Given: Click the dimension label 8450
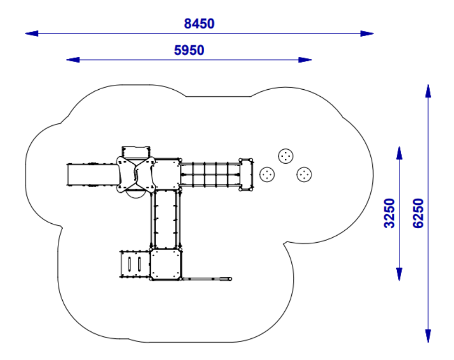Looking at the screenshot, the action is (199, 24).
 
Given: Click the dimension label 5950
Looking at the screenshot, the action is (189, 50).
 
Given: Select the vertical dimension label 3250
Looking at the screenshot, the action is (390, 213).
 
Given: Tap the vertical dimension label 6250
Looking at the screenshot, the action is (418, 213).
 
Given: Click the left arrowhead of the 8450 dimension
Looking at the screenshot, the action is (31, 34).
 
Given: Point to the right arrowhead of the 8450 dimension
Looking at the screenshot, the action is (367, 34).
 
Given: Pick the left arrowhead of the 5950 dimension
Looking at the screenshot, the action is (73, 60).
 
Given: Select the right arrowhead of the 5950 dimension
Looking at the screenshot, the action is (305, 60).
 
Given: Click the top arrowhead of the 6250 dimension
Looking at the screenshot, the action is (428, 91).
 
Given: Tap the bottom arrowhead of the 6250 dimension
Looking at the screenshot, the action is (428, 336).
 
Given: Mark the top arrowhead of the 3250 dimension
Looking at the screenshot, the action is (399, 152).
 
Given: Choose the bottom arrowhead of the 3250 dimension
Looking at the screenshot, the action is (399, 274).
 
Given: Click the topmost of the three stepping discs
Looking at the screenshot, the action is (286, 156).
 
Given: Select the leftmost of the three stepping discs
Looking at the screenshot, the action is (267, 175).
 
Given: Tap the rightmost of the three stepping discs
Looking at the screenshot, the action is (304, 175).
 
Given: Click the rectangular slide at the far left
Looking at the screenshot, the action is (93, 175).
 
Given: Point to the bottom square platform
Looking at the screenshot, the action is (165, 264).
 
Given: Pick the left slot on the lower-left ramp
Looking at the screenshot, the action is (129, 264).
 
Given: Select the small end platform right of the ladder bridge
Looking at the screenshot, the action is (246, 175).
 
